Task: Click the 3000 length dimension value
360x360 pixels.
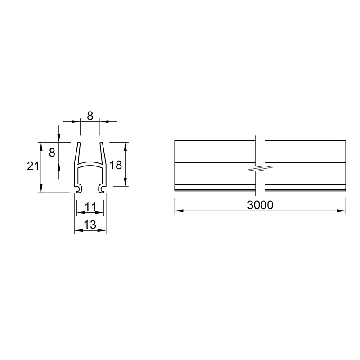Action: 260,205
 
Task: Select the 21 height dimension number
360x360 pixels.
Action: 33,166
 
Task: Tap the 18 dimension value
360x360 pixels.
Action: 116,165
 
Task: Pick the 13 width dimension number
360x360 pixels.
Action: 90,225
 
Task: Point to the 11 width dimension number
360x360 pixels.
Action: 90,207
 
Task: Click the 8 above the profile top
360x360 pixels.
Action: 90,116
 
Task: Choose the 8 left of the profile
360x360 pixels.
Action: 52,153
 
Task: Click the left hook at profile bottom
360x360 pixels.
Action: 79,188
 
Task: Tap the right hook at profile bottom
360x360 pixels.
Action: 102,188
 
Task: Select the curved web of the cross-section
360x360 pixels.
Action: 90,163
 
